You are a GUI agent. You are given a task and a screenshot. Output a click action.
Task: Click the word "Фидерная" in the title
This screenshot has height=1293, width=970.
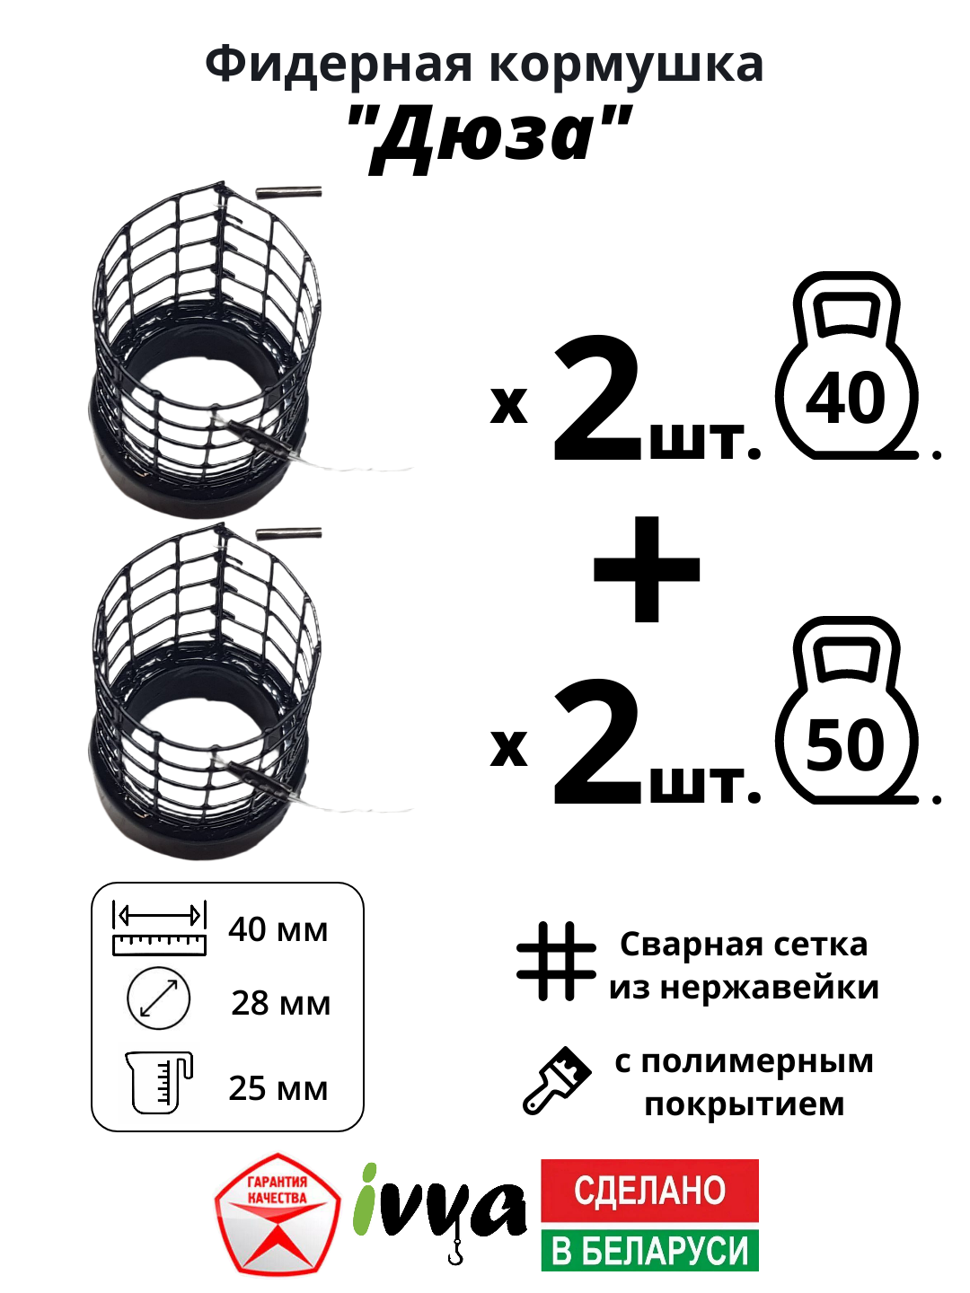pos(338,66)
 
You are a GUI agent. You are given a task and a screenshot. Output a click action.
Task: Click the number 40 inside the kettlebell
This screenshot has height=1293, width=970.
pos(845,400)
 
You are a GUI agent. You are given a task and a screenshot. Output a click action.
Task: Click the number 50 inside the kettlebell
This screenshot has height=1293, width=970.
pos(845,745)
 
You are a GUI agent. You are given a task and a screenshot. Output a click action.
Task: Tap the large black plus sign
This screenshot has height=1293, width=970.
pos(647,569)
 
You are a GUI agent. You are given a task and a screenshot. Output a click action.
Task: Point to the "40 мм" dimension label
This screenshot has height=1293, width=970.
pos(278,929)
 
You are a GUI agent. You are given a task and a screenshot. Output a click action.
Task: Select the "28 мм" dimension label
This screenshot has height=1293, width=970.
pos(280,1003)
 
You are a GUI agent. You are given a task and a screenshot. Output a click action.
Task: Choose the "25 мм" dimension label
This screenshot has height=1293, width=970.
pos(278,1088)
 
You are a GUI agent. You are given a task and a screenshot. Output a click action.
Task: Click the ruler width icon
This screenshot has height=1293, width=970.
pos(159,928)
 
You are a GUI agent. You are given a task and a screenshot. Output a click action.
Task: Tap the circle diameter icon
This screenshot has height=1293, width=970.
pos(159,998)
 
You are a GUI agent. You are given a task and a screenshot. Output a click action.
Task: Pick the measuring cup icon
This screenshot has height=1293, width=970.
pos(159,1082)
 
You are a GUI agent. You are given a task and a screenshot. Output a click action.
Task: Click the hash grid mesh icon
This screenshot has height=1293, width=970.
pos(556,961)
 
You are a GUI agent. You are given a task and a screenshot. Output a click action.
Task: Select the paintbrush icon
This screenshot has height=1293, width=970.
pos(557,1080)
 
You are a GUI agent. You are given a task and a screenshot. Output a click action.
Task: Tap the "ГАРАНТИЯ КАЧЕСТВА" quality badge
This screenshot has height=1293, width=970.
pos(278,1214)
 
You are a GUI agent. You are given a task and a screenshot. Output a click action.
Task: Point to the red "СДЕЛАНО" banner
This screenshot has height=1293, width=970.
pos(649,1191)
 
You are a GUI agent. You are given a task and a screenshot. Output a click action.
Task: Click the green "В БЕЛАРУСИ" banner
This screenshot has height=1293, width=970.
pos(649,1251)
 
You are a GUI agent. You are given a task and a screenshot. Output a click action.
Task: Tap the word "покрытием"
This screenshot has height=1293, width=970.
pos(745,1104)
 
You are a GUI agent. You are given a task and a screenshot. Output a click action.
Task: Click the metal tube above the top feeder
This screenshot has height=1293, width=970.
pos(288,191)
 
